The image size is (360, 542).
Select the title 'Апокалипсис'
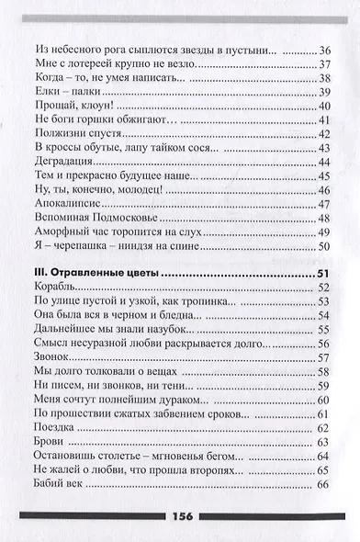tap(64, 203)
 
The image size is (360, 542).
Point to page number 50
tap(321, 245)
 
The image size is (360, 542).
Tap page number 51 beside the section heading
tap(321, 274)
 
